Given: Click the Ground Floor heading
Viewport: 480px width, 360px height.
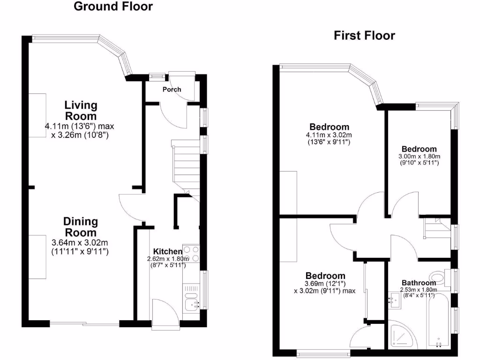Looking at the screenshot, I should pos(113,7).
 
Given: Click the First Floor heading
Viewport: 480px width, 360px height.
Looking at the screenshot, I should pos(364,36).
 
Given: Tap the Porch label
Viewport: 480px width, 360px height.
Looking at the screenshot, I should pos(172,90).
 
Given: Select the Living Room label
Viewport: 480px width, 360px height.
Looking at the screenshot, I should pos(81,111).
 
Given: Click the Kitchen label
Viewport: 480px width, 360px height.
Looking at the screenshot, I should pos(167,252).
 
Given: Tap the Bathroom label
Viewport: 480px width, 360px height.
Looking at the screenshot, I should pos(418,283).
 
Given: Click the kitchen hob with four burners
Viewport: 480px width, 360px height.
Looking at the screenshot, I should pos(191,254).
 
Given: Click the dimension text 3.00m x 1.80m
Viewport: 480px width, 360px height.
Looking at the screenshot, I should pos(420,157).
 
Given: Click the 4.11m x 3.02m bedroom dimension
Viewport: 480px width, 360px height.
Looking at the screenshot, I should pos(329,135).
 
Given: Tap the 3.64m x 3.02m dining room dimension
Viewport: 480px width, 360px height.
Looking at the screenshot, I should pos(80,243).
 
